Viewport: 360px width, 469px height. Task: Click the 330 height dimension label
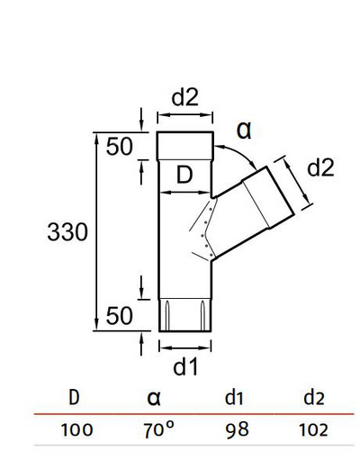click(67, 232)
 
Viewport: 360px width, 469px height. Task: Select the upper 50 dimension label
click(121, 147)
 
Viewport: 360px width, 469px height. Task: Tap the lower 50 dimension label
click(121, 315)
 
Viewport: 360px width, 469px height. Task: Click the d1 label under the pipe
click(185, 366)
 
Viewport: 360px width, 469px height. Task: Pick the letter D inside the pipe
click(184, 177)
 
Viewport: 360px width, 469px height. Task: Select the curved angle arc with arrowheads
click(238, 158)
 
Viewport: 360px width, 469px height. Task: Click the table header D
click(74, 396)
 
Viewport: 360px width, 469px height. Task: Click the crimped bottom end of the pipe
click(185, 315)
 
